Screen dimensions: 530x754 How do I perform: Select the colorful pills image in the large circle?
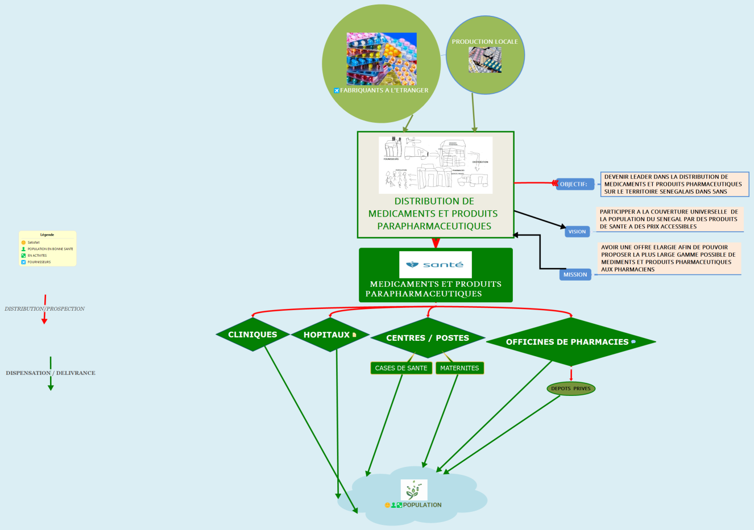[x=382, y=59]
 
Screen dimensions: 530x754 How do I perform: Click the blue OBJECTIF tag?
[x=574, y=184]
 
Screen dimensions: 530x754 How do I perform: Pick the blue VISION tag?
[x=577, y=232]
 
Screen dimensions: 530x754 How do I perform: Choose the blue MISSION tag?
[x=575, y=275]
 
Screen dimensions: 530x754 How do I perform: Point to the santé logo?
[x=436, y=265]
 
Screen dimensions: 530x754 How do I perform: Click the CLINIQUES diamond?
[x=252, y=335]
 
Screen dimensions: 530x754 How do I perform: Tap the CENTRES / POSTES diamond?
[x=428, y=338]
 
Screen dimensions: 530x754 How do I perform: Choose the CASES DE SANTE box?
[x=401, y=368]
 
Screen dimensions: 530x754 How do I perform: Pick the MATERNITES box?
[x=459, y=368]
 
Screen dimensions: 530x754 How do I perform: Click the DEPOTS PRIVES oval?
[x=571, y=389]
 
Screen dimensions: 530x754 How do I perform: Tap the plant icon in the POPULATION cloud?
[x=413, y=490]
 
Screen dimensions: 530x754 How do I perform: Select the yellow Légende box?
[x=47, y=248]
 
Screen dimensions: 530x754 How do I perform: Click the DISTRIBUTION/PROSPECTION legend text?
[x=45, y=309]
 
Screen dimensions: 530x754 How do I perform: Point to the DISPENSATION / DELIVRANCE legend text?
[x=51, y=373]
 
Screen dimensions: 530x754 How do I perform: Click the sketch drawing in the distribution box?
[x=436, y=165]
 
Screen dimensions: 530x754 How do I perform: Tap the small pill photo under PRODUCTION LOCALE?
[x=485, y=60]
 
